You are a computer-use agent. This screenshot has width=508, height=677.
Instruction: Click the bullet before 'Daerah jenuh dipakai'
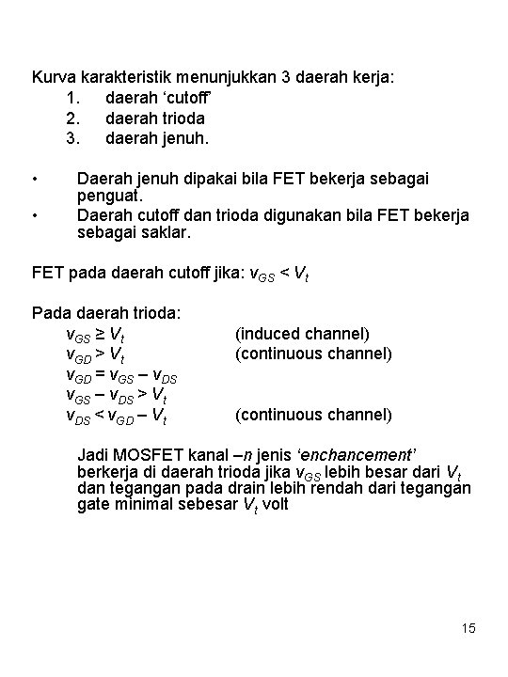tap(35, 177)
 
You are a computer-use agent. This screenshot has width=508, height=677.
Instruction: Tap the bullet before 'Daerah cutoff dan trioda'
tap(35, 214)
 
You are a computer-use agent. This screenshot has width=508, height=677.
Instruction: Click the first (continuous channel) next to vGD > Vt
tap(313, 354)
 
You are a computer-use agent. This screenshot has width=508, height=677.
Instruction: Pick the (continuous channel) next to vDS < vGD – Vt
tap(313, 414)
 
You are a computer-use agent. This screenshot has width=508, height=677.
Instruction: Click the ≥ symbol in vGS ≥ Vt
tap(98, 333)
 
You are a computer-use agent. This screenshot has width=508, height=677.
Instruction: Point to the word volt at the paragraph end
tap(272, 504)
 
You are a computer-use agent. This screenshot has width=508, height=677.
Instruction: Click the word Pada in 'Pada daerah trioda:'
tap(51, 312)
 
